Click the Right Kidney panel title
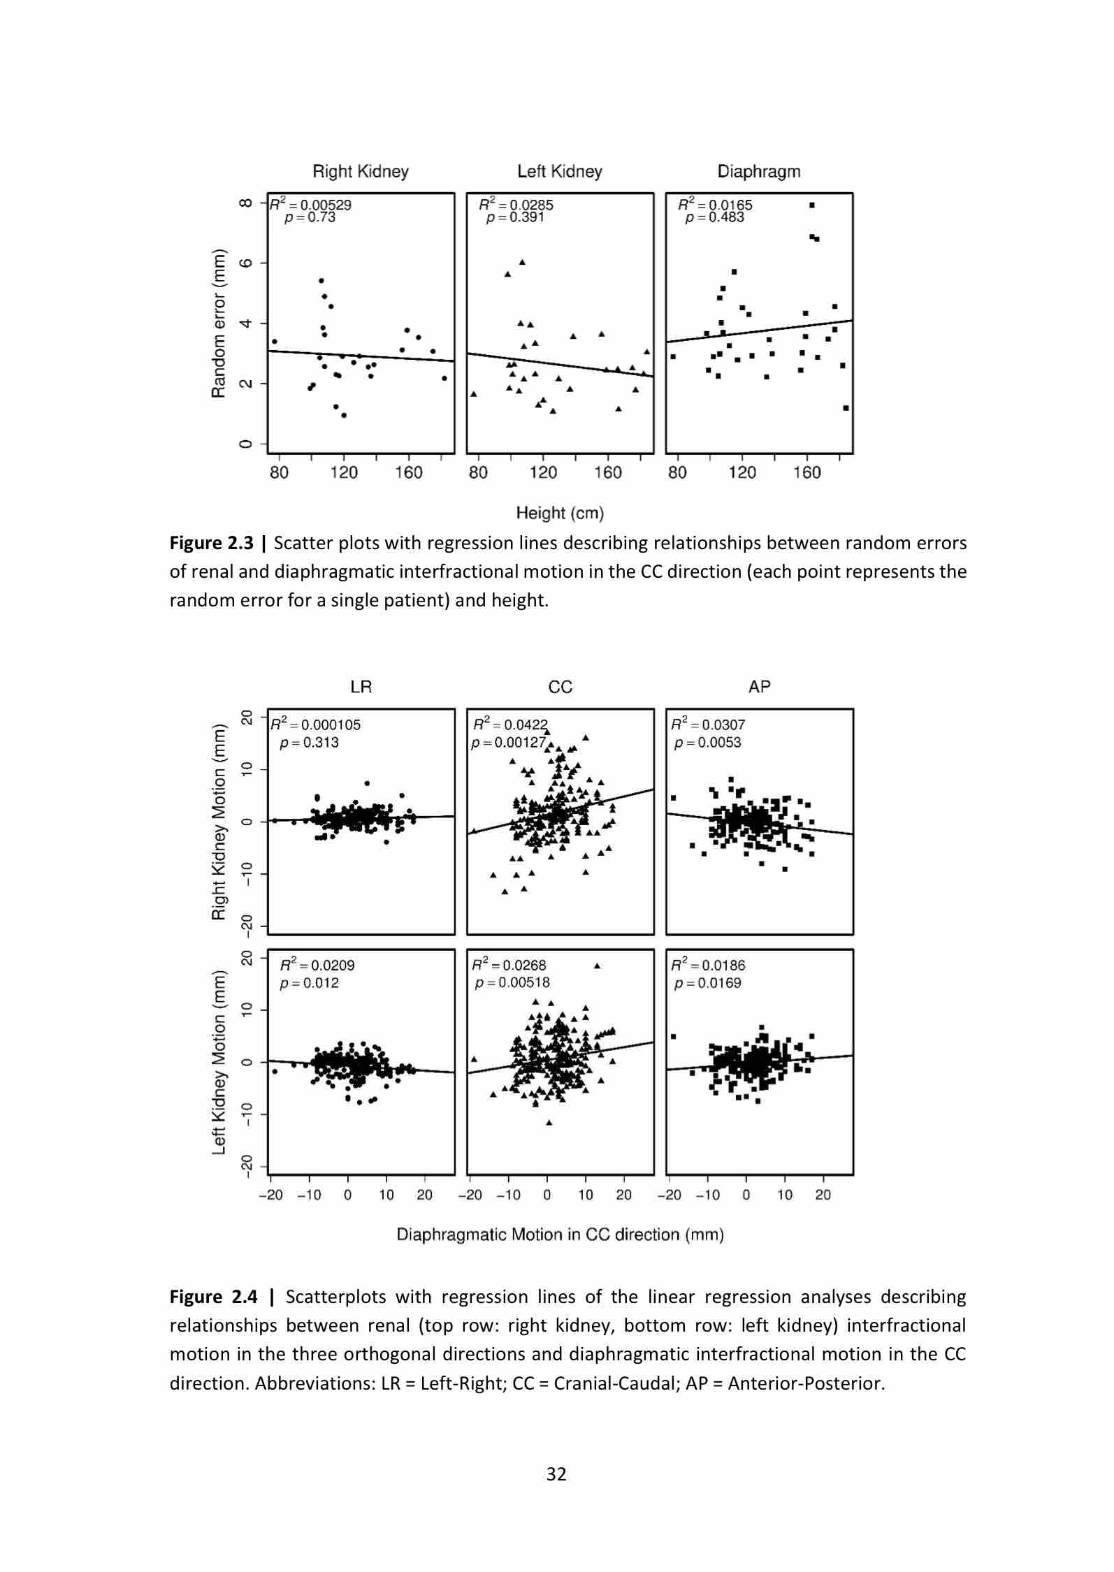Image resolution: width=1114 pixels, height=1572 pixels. point(360,171)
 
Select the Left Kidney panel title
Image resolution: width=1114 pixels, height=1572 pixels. point(559,171)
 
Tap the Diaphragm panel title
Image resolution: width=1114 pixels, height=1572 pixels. point(758,171)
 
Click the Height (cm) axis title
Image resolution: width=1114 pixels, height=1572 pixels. point(559,513)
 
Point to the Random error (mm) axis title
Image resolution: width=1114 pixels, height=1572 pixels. point(219,323)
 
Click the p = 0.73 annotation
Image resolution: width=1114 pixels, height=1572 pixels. point(310,217)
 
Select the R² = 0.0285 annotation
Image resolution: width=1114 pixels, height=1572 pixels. point(516,205)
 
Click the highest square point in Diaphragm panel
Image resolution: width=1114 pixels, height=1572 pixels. point(811,205)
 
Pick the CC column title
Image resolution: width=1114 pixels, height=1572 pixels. point(560,687)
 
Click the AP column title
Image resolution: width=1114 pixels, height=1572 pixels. point(759,687)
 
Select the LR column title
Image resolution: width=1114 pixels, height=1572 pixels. point(361,687)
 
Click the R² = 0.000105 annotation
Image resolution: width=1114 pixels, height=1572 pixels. point(315,725)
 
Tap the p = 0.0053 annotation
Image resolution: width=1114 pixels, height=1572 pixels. point(707,743)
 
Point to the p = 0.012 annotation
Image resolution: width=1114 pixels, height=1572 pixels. point(309,983)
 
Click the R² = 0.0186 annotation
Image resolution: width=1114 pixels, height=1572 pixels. point(708,965)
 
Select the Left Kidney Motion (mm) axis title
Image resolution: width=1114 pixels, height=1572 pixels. point(219,1062)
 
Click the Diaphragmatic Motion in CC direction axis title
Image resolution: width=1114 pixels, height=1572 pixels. point(560,1235)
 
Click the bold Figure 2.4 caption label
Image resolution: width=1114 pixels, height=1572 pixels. point(216,1297)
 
